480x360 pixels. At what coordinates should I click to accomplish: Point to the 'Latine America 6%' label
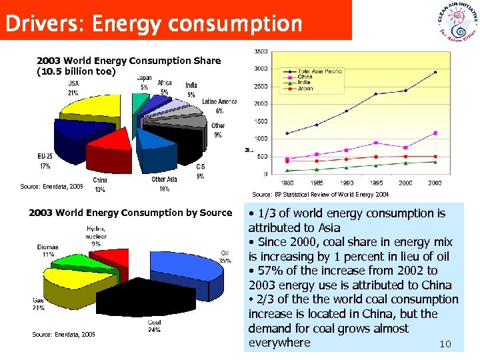[x=219, y=106]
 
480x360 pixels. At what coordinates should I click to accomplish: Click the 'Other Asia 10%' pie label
[x=164, y=184]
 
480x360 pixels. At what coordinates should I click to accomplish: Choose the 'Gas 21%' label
[x=39, y=304]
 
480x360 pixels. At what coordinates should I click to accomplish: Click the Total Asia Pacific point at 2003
[x=435, y=72]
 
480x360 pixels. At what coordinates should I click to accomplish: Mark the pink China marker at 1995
[x=376, y=143]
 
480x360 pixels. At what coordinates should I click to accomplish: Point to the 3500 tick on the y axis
[x=260, y=51]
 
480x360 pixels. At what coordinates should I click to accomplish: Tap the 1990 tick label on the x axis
[x=346, y=183]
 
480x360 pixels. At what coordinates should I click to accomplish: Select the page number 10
[x=445, y=345]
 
